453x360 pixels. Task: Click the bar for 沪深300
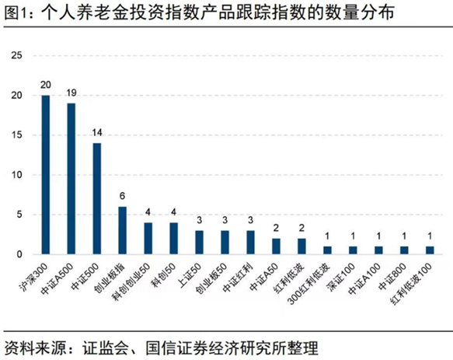tap(45, 175)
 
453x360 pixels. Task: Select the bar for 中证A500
tap(71, 179)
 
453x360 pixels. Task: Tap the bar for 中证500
tap(96, 198)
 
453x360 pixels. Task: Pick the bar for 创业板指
tap(122, 230)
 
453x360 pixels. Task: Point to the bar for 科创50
tap(173, 239)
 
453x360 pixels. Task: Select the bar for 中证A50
tap(275, 246)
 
